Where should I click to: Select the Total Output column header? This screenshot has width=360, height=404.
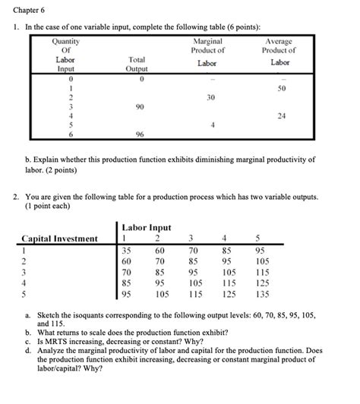(x=137, y=62)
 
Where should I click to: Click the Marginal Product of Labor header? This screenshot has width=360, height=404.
(x=208, y=52)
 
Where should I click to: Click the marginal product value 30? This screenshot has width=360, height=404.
(x=210, y=98)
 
